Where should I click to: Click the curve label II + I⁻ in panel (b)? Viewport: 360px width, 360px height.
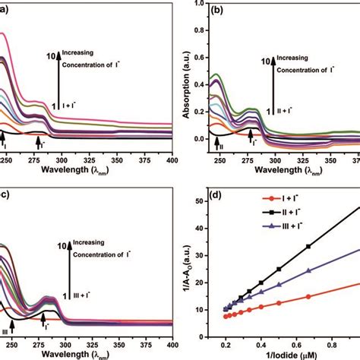click(x=283, y=110)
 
